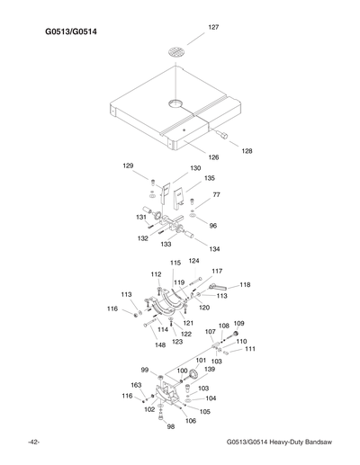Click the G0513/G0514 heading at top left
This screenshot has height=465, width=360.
click(x=71, y=33)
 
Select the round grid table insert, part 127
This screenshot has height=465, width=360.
click(x=179, y=49)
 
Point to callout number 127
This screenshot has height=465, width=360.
click(x=213, y=28)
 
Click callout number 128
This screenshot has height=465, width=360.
click(x=246, y=151)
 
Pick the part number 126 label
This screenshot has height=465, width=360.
click(x=213, y=157)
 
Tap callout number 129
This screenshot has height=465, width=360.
click(x=129, y=166)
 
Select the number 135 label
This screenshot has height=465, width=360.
click(x=209, y=178)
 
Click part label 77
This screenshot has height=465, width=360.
click(x=216, y=194)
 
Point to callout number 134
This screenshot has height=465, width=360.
click(x=213, y=248)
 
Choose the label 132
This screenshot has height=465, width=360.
click(x=142, y=238)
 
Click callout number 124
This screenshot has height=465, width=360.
click(x=193, y=261)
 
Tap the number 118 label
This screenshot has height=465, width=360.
click(x=244, y=285)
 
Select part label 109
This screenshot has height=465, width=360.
click(x=238, y=324)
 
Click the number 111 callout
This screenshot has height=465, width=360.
click(x=249, y=349)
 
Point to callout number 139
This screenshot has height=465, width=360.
click(x=209, y=369)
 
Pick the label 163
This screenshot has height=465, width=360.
click(x=136, y=385)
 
